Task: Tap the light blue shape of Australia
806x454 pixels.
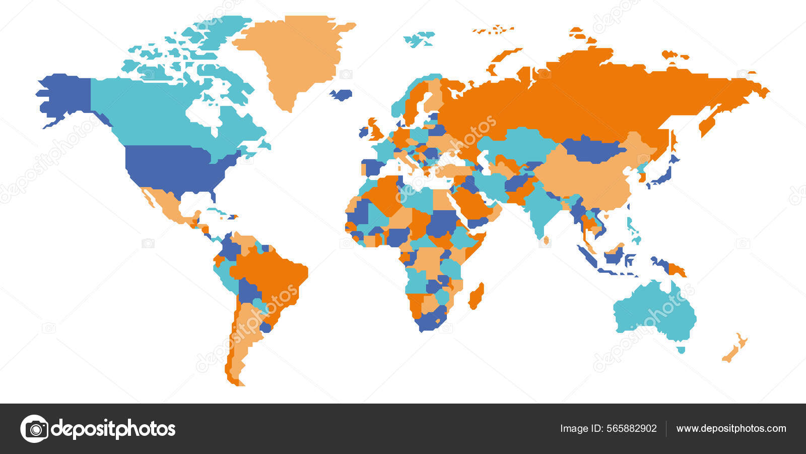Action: [655, 313]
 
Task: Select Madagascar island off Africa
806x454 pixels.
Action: [476, 297]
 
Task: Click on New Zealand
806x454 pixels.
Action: [734, 349]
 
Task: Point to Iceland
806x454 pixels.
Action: [342, 95]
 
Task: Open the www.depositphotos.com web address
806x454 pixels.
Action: [731, 429]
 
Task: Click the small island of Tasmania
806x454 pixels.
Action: [681, 350]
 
